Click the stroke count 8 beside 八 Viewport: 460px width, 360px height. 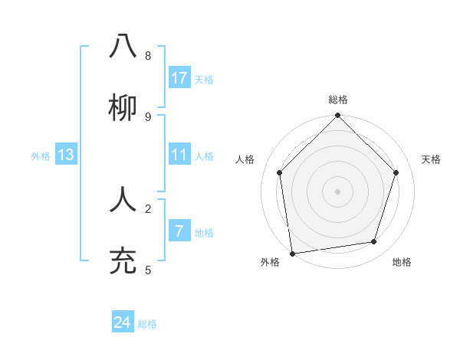pyautogui.click(x=148, y=55)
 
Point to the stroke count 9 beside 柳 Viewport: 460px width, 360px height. pyautogui.click(x=148, y=116)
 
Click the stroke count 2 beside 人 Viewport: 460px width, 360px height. pyautogui.click(x=148, y=208)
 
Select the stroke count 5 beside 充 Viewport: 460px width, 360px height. pyautogui.click(x=148, y=270)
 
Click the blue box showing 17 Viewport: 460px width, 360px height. pyautogui.click(x=179, y=78)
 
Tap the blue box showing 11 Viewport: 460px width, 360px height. pyautogui.click(x=179, y=155)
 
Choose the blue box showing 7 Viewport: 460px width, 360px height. pyautogui.click(x=179, y=231)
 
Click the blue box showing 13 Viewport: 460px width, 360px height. pyautogui.click(x=66, y=155)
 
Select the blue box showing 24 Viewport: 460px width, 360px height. pyautogui.click(x=123, y=322)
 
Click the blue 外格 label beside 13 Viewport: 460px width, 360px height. pyautogui.click(x=41, y=156)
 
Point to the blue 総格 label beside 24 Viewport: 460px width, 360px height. pyautogui.click(x=147, y=324)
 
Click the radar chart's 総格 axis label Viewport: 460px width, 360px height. pyautogui.click(x=338, y=100)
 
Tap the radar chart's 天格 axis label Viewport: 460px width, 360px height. pyautogui.click(x=432, y=159)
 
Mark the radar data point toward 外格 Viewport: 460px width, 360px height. pyautogui.click(x=292, y=253)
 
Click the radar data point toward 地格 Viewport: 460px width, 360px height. pyautogui.click(x=374, y=241)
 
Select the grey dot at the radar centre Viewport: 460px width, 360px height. pyautogui.click(x=338, y=191)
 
